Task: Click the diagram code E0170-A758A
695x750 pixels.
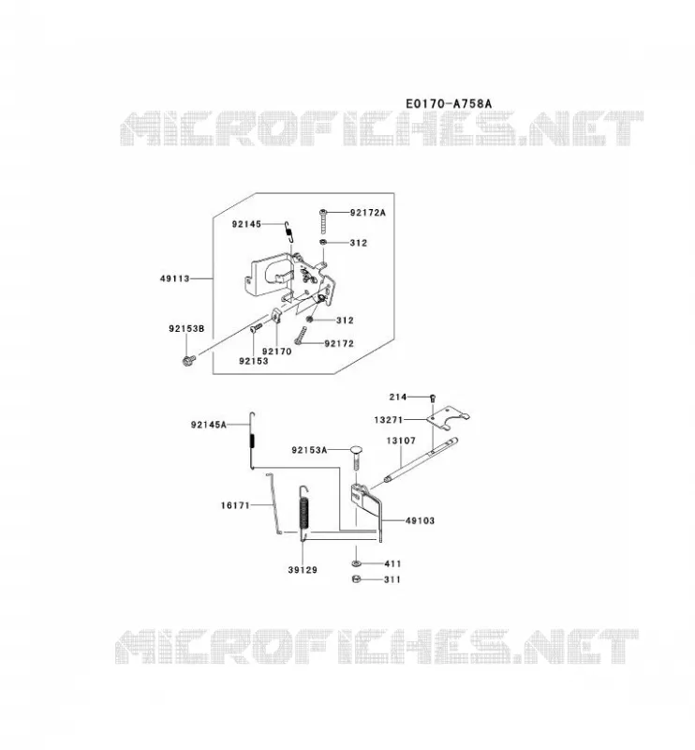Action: [x=449, y=103]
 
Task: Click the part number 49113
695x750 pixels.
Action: [x=175, y=278]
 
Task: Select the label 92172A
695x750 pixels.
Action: [x=367, y=213]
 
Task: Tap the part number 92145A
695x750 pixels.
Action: [x=208, y=425]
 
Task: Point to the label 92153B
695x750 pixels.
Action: [x=186, y=329]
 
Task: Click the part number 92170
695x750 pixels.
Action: [x=276, y=352]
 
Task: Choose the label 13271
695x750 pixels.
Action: [x=389, y=420]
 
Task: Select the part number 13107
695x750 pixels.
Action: [x=401, y=441]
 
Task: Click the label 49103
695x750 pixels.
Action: [x=421, y=521]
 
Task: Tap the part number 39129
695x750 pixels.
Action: [x=303, y=570]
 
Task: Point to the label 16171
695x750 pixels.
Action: [x=235, y=505]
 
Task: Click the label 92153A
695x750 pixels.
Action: [x=309, y=451]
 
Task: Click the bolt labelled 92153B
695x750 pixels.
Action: [x=189, y=360]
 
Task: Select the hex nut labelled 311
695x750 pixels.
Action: [x=356, y=579]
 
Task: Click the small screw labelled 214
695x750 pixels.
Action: [x=433, y=397]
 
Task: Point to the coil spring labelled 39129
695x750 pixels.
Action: [x=304, y=513]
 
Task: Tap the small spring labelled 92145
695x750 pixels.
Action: [x=288, y=232]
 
